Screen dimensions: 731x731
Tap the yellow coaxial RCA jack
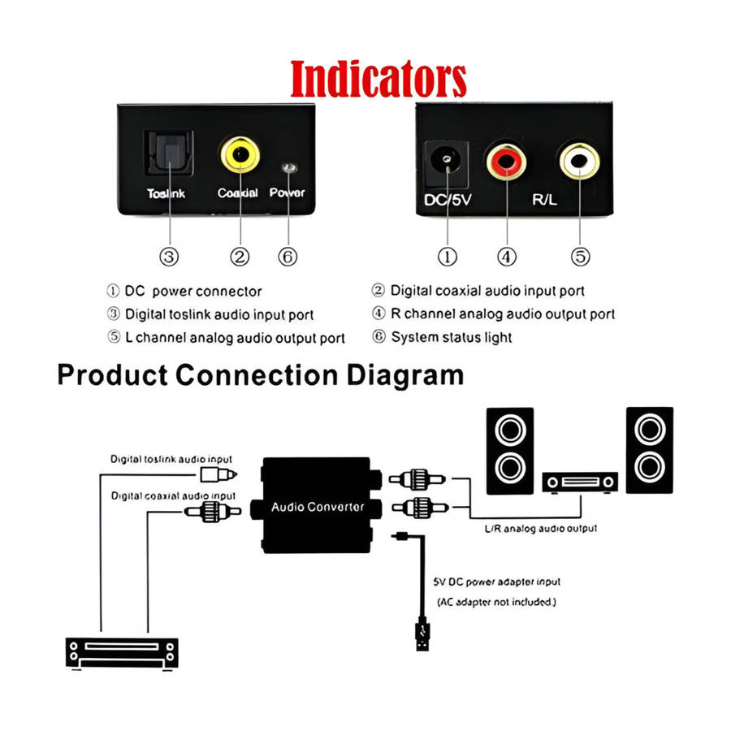tap(240, 154)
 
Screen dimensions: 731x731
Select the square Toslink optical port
tap(169, 153)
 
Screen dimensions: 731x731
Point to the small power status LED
tap(289, 168)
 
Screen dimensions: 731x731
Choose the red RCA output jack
tap(506, 162)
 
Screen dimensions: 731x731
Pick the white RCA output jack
tap(579, 161)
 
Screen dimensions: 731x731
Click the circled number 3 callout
tap(169, 257)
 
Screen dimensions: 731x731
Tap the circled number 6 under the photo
tap(288, 257)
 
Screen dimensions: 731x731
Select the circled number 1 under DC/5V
tap(448, 257)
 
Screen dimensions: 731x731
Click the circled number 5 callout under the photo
tap(581, 257)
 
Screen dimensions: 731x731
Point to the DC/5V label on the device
tap(448, 200)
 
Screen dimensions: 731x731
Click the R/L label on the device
tap(544, 200)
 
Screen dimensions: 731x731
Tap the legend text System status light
tap(452, 337)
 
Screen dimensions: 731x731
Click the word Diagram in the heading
tap(405, 376)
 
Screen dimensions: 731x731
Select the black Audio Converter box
tap(317, 505)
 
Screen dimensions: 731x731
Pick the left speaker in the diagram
tap(510, 451)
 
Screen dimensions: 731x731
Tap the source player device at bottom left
tap(122, 653)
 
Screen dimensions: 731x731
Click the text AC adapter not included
tap(496, 602)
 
